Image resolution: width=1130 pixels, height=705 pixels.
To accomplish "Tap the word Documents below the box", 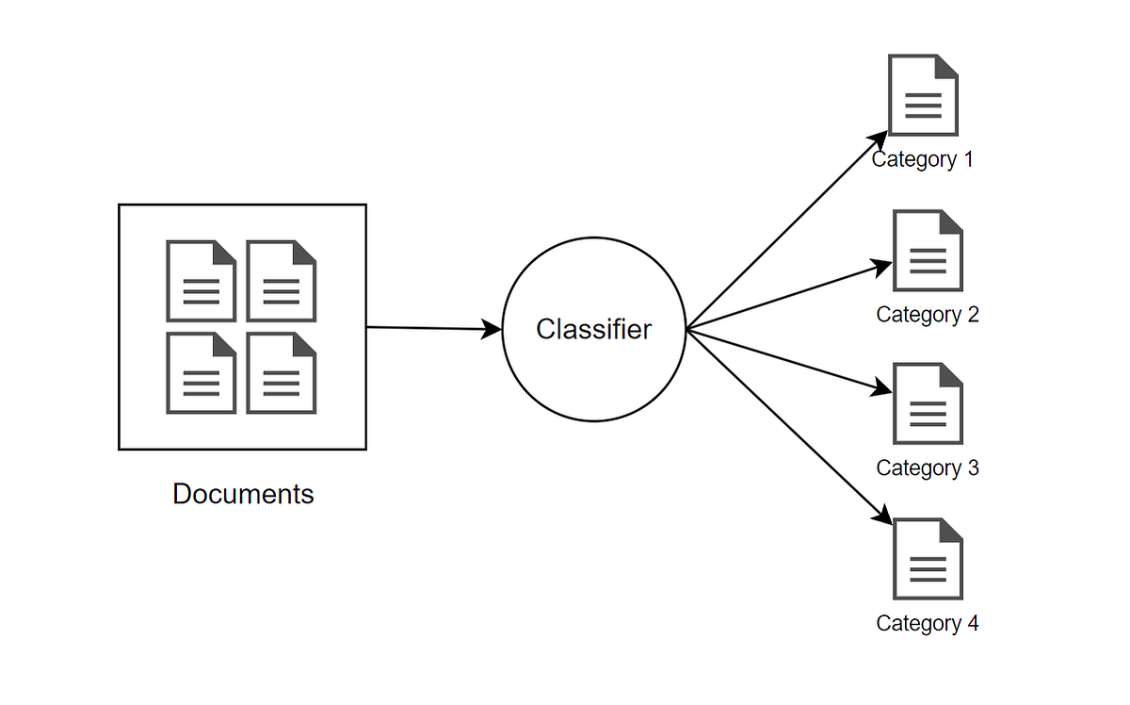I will [x=243, y=494].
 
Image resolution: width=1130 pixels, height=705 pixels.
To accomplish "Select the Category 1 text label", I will [x=922, y=159].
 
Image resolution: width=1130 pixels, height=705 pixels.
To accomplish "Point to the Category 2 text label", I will [x=927, y=314].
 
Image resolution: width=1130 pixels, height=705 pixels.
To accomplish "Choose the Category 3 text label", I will [x=927, y=467].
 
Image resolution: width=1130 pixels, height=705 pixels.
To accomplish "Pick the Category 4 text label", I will [x=927, y=623].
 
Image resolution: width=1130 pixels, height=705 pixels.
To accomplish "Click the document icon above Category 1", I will [x=923, y=95].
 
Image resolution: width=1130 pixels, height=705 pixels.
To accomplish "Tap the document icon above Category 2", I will [x=928, y=250].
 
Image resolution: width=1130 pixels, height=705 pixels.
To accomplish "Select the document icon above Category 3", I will [x=928, y=404].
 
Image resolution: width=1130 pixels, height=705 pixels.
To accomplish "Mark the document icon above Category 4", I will [x=928, y=559].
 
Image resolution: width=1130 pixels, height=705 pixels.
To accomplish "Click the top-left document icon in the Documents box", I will [x=202, y=281].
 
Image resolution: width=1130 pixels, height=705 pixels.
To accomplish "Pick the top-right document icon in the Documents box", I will [x=282, y=281].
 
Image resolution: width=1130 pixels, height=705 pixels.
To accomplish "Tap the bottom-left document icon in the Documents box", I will [x=202, y=373].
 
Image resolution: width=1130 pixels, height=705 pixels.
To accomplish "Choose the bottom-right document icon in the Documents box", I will [x=282, y=373].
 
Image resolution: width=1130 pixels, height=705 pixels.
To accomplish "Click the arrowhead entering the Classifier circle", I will [x=492, y=329].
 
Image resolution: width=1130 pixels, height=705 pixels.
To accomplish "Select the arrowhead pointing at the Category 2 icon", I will [x=882, y=267].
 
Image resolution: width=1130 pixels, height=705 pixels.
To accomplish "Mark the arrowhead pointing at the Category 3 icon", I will [x=882, y=388].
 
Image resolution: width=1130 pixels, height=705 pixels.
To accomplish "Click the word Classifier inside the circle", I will [x=593, y=329].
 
